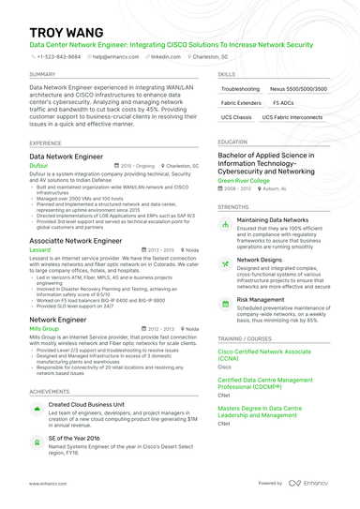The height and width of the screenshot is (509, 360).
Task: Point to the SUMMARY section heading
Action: click(41, 73)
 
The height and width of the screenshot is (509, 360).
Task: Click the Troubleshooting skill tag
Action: click(241, 88)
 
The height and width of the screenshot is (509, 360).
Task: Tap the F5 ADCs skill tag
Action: click(282, 102)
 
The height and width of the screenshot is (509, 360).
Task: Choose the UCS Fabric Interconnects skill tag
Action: click(293, 117)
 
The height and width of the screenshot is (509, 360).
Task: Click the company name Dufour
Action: click(38, 163)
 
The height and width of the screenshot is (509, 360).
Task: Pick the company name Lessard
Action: click(39, 250)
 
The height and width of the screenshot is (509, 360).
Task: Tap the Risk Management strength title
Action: click(261, 300)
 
